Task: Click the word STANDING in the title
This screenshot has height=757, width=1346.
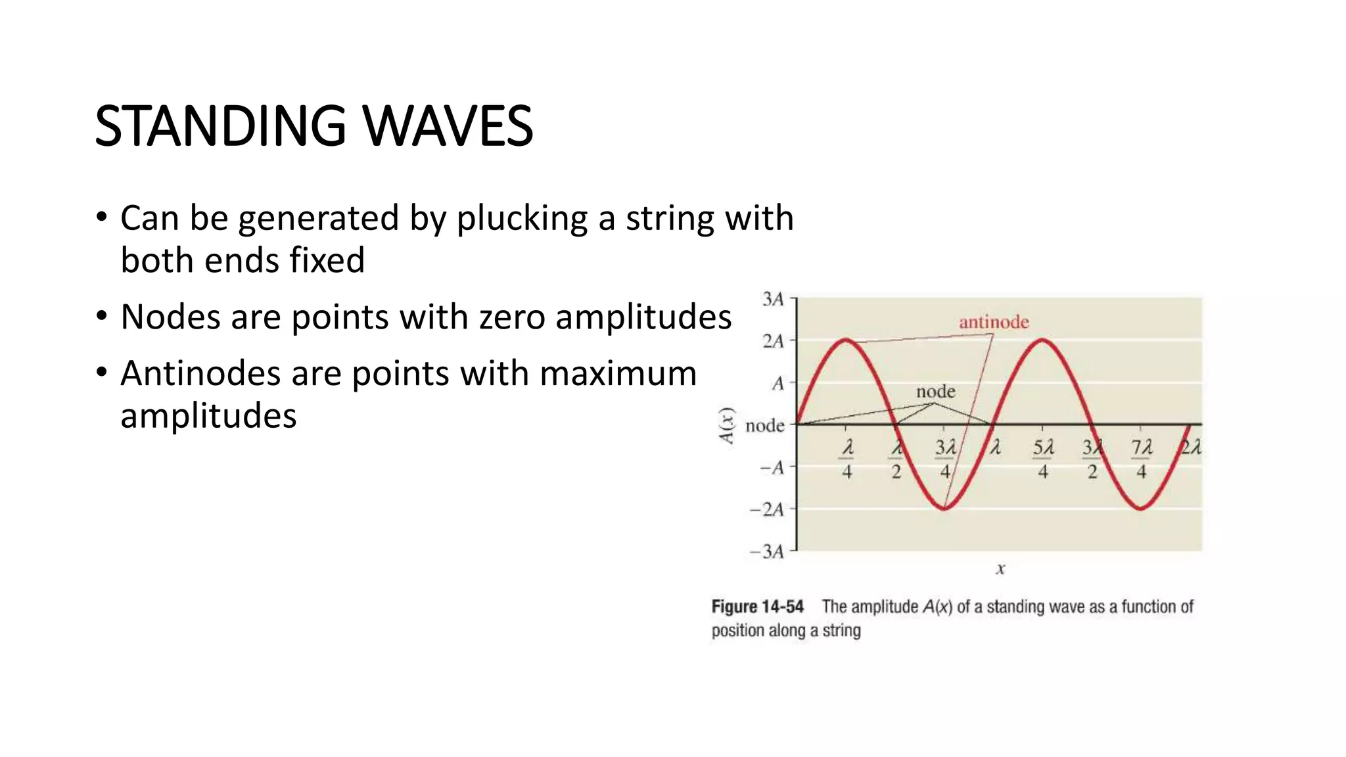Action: (220, 126)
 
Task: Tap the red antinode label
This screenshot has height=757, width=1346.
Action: (994, 322)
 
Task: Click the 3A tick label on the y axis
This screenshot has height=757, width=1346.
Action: (773, 300)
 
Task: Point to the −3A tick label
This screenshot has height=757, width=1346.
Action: (767, 551)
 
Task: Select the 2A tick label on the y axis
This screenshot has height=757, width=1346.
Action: (773, 341)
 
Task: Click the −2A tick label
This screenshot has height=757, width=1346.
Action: (767, 509)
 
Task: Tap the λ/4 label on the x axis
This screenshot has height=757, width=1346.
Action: (847, 459)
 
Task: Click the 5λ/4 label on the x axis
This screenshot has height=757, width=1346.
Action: (1043, 459)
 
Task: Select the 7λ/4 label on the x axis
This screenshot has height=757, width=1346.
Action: (1142, 459)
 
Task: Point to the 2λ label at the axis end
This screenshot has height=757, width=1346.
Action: (1191, 448)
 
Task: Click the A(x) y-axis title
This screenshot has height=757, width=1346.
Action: (726, 426)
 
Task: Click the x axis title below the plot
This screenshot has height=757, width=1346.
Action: (1000, 569)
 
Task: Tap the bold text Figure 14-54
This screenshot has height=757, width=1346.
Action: (757, 607)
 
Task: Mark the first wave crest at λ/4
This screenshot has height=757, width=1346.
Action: (847, 340)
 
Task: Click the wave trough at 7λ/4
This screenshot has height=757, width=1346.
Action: (1141, 508)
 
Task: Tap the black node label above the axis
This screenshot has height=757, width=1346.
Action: (935, 392)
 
